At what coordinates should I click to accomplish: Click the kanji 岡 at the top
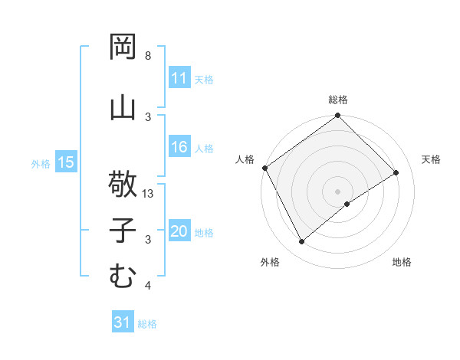point(123,47)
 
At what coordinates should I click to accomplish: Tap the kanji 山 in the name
point(123,108)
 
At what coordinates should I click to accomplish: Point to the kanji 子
point(123,231)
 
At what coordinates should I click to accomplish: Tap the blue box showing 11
point(179,78)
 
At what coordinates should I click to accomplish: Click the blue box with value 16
point(179,148)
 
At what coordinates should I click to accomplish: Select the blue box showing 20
point(179,232)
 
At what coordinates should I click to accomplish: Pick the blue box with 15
point(66,162)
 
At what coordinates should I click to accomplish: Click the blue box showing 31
point(123,322)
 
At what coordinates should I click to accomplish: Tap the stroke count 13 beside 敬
point(149,195)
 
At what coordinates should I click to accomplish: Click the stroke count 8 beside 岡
point(148,56)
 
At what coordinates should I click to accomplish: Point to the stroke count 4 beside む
point(148,286)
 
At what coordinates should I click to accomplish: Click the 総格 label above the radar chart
point(337,100)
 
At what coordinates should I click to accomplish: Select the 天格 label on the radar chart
point(431,159)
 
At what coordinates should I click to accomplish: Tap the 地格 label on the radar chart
point(402,262)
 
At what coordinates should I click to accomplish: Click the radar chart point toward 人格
point(264,168)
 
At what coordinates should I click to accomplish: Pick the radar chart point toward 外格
point(302,242)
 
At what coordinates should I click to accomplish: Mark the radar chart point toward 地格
point(347,204)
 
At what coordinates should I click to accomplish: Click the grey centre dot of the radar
point(337,190)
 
